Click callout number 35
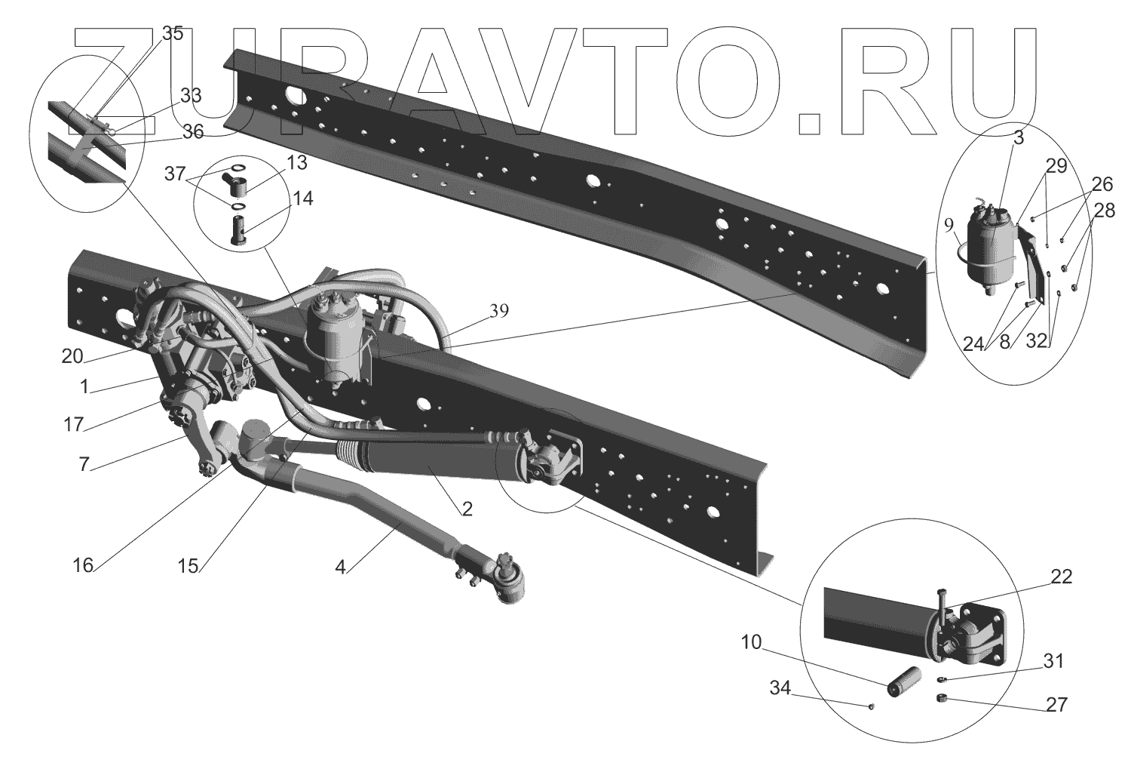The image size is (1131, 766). (173, 34)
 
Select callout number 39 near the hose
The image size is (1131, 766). (499, 310)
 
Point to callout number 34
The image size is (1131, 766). (780, 688)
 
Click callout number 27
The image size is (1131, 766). (1057, 705)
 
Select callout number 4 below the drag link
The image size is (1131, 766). (341, 566)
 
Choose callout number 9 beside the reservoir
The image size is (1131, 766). (948, 223)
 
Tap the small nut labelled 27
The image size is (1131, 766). (941, 698)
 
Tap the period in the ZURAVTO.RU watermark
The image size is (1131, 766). (814, 125)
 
